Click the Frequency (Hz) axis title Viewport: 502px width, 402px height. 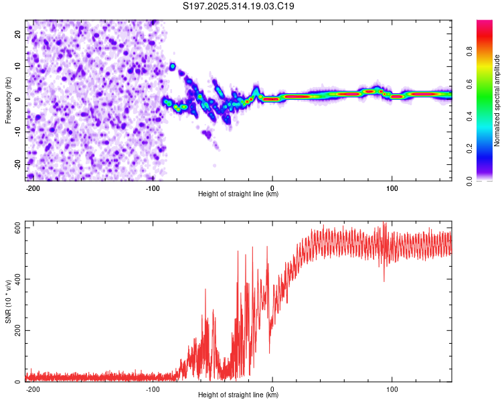[x=8, y=100]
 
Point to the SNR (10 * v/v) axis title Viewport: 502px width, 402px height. [x=8, y=303]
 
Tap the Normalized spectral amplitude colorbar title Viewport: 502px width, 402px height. [x=497, y=100]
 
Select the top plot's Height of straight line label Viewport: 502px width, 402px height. [x=238, y=194]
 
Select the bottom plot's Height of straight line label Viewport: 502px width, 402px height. [x=238, y=395]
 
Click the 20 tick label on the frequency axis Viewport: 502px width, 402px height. [x=18, y=33]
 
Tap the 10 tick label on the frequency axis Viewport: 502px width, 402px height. [x=18, y=66]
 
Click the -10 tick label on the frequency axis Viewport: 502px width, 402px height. [x=17, y=131]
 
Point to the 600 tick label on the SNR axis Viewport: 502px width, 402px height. [x=15, y=228]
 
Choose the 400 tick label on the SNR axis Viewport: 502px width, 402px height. [x=15, y=279]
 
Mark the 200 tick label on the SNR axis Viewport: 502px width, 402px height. [x=15, y=331]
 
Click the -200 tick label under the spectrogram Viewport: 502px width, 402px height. [x=32, y=187]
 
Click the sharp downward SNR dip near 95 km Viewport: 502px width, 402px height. [x=384, y=280]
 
